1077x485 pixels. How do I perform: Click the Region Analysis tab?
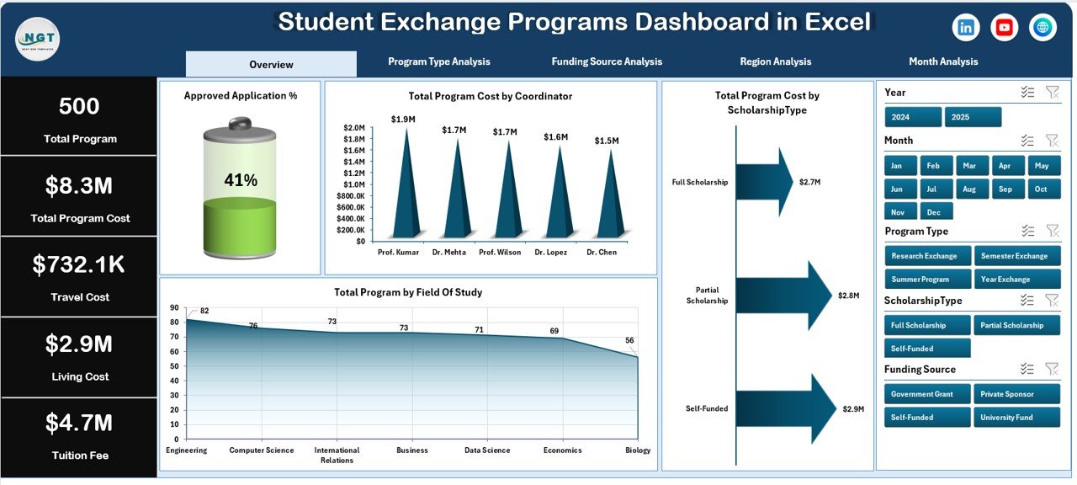click(775, 61)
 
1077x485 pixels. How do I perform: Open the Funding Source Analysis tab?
click(607, 61)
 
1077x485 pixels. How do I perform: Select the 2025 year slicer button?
click(973, 117)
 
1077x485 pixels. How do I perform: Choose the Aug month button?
click(971, 189)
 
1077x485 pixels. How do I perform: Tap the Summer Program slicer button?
click(928, 280)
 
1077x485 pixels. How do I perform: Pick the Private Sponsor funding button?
click(1017, 394)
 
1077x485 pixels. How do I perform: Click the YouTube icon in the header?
click(1004, 28)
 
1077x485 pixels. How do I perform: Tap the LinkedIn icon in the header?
click(966, 28)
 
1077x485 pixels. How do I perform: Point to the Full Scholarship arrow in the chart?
click(764, 182)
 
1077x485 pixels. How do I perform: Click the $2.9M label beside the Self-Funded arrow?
click(854, 409)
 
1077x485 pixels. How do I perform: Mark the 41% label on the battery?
click(240, 180)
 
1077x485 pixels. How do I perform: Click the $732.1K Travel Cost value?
click(79, 264)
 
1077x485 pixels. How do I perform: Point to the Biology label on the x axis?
click(638, 450)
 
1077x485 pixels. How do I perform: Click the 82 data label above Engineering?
click(204, 311)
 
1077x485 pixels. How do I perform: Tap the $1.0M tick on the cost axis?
click(353, 184)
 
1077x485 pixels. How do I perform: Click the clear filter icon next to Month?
click(1051, 141)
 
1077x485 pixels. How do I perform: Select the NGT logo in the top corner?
click(37, 39)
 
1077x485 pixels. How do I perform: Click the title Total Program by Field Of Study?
click(408, 292)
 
